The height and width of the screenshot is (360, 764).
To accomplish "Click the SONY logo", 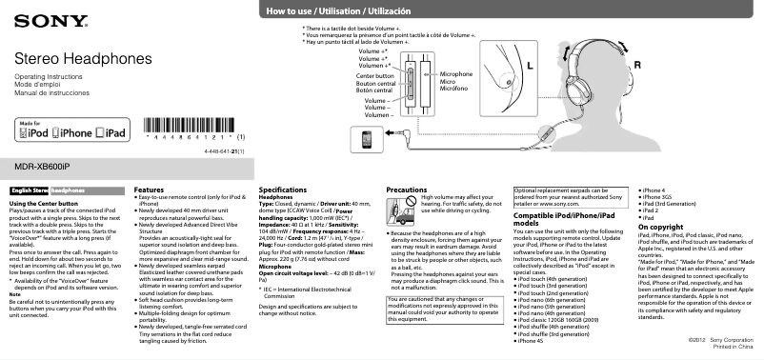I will click(36, 18).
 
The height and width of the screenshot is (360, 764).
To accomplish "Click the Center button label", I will click(374, 75).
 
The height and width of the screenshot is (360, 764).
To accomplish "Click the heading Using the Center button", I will click(43, 204).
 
